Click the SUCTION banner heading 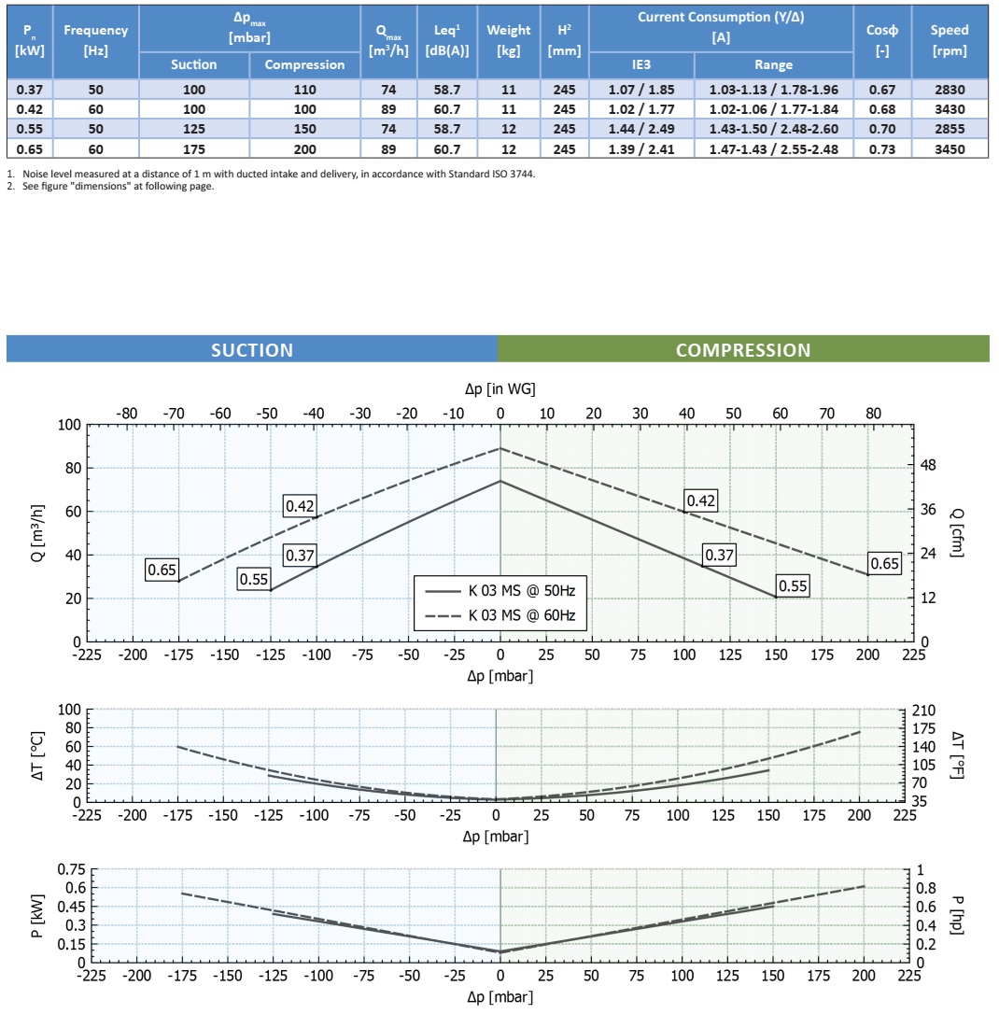(x=252, y=350)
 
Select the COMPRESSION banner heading (x=743, y=350)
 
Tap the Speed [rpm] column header (x=950, y=40)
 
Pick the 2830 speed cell (x=950, y=90)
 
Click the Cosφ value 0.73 (x=881, y=148)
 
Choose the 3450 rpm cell (x=950, y=148)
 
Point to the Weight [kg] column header (x=509, y=40)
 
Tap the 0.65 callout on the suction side (x=162, y=570)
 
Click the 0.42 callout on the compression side (x=700, y=501)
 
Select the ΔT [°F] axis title (x=957, y=755)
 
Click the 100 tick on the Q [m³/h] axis (x=69, y=425)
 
